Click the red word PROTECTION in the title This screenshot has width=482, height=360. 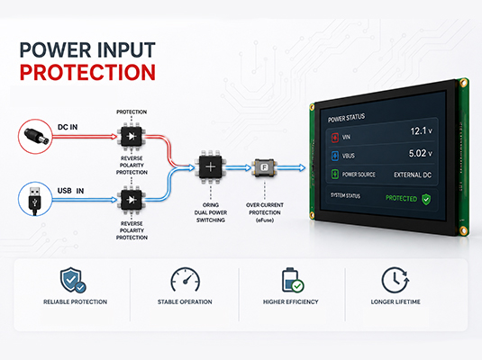87,73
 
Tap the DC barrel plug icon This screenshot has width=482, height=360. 36,137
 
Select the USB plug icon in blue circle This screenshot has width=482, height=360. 35,199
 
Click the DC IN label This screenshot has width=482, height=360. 68,127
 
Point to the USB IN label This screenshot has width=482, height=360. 70,191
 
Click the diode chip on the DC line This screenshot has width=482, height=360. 132,136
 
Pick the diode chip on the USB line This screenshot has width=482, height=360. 132,200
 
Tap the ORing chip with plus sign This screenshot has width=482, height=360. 211,167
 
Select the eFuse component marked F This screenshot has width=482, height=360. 264,167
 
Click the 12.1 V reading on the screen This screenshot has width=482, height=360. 421,131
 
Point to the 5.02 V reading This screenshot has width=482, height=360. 420,153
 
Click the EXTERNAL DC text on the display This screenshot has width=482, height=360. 413,175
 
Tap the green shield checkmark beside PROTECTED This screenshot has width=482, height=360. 426,200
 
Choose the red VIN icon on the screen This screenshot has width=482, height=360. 335,138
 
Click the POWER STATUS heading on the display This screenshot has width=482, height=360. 347,118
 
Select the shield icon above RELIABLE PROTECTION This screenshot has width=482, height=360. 73,280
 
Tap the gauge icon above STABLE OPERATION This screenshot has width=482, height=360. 185,279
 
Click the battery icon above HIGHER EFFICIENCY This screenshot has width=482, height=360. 292,280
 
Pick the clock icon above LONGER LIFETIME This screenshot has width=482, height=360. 396,280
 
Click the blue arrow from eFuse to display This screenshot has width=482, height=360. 291,167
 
